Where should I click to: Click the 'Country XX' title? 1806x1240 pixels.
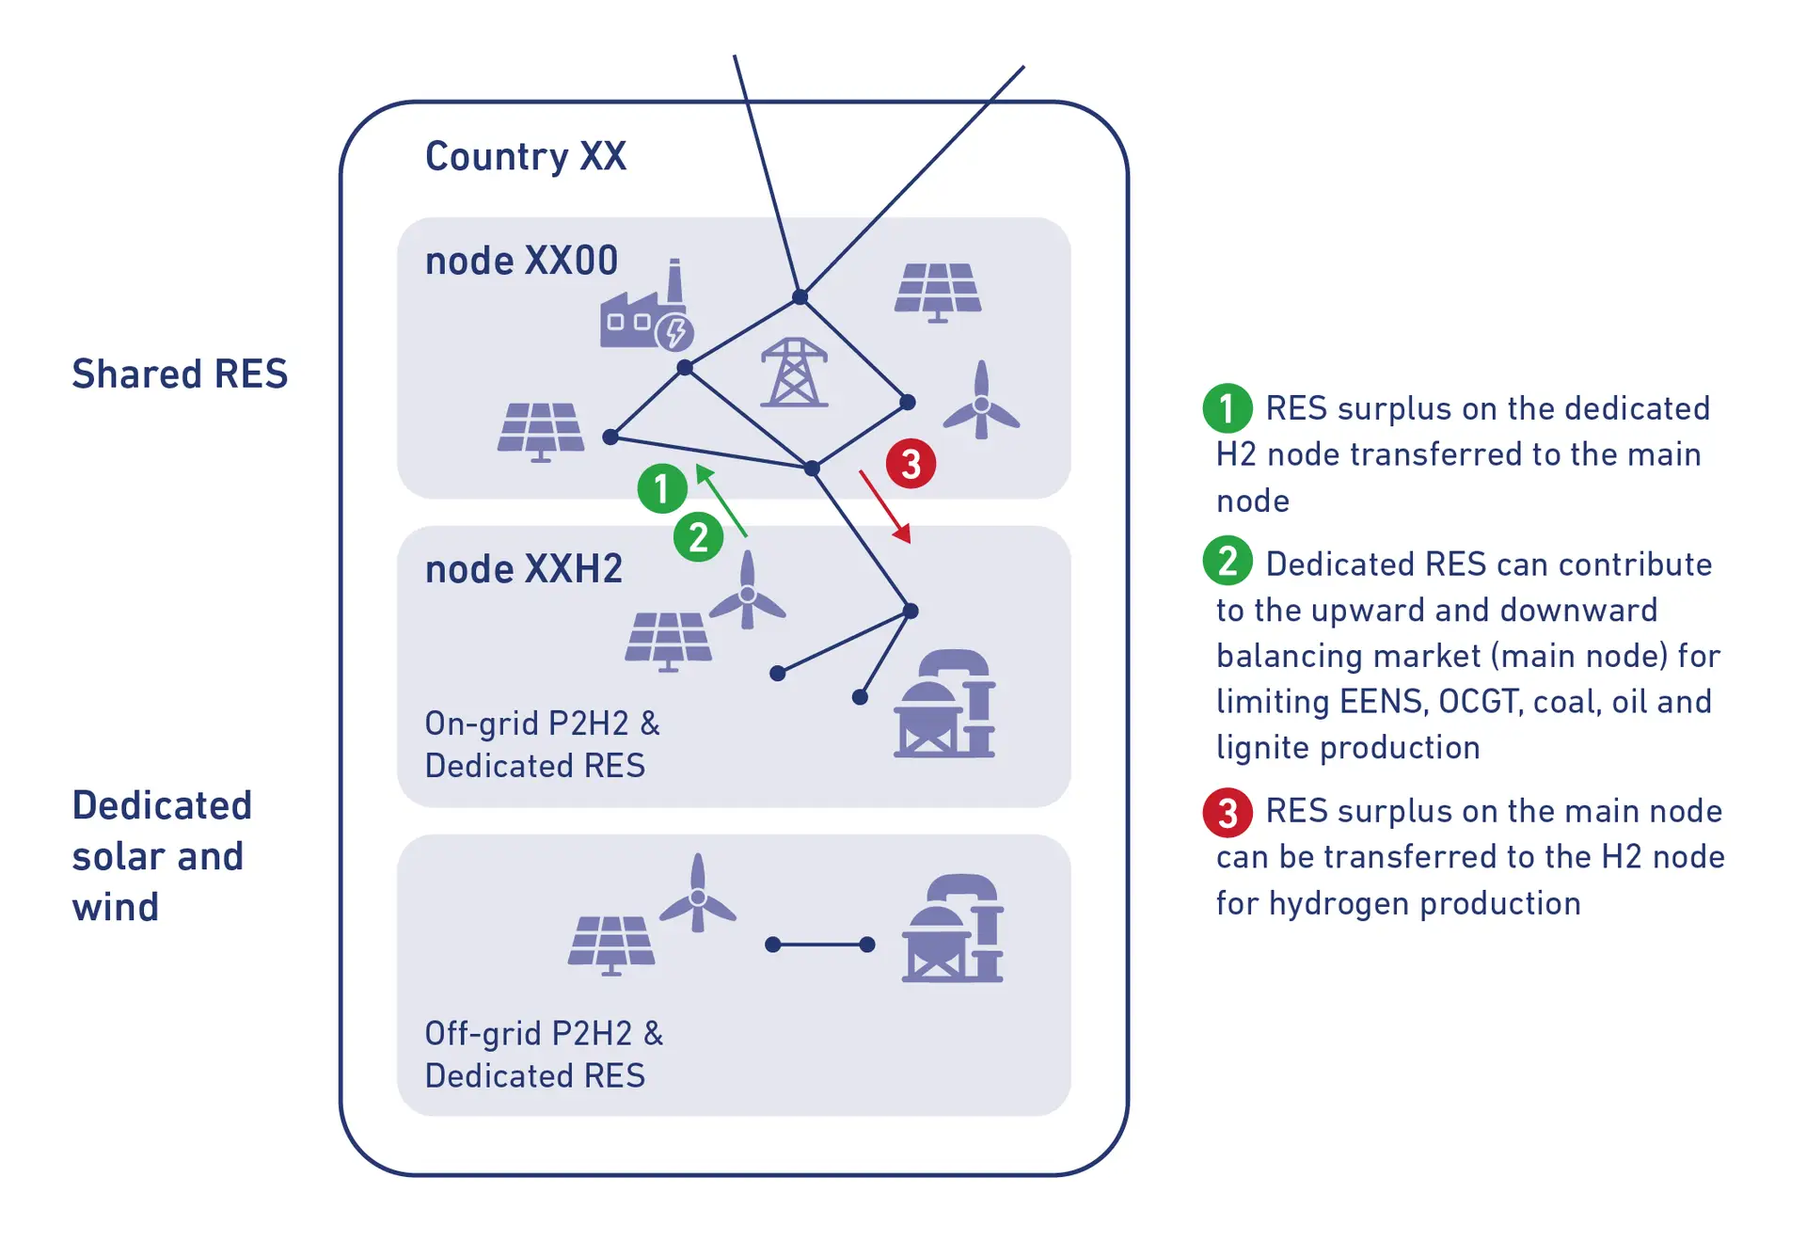coord(525,156)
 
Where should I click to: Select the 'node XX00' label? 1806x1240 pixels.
coord(521,261)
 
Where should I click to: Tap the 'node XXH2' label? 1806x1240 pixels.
coord(523,569)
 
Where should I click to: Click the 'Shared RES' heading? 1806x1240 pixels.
coord(180,374)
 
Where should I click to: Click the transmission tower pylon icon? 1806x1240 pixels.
coord(794,374)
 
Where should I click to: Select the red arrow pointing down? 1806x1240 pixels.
coord(885,507)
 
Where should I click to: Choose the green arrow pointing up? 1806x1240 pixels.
coord(721,501)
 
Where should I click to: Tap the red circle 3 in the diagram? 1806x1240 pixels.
coord(911,463)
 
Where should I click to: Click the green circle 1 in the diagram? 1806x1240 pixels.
coord(662,488)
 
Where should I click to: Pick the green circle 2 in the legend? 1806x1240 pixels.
coord(1228,561)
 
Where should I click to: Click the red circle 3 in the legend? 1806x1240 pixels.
coord(1228,812)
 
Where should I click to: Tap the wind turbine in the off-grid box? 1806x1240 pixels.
coord(698,894)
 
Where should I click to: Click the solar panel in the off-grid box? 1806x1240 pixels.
coord(611,944)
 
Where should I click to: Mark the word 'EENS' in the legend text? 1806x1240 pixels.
coord(1381,702)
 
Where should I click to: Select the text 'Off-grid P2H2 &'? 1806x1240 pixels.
coord(544,1033)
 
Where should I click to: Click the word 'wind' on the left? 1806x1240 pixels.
coord(116,907)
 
